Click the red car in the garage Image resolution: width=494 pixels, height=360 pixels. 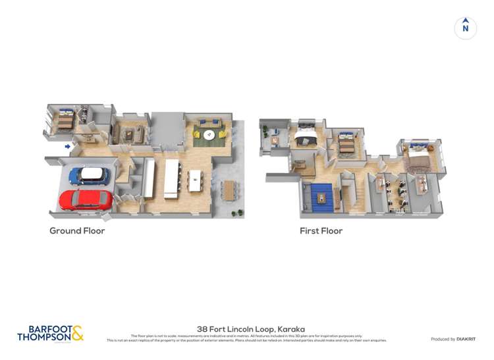pyautogui.click(x=86, y=199)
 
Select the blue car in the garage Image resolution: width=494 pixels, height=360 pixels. pyautogui.click(x=88, y=175)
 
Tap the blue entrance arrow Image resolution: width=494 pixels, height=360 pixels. pyautogui.click(x=69, y=147)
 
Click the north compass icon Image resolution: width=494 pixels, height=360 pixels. pyautogui.click(x=466, y=28)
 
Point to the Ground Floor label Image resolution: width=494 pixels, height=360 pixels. pyautogui.click(x=77, y=231)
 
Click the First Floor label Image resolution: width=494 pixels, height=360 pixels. pyautogui.click(x=321, y=231)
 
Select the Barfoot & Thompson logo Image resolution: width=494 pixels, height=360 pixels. pyautogui.click(x=51, y=334)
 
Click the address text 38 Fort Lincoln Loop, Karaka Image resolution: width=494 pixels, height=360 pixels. pyautogui.click(x=251, y=329)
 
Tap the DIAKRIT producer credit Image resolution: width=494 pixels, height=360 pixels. pyautogui.click(x=453, y=339)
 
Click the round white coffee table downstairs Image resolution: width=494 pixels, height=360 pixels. pyautogui.click(x=209, y=136)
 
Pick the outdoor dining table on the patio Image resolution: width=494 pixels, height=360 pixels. pyautogui.click(x=229, y=190)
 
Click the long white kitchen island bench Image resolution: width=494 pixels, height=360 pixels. pyautogui.click(x=172, y=178)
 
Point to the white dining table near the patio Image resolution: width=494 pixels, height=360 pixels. pyautogui.click(x=196, y=180)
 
